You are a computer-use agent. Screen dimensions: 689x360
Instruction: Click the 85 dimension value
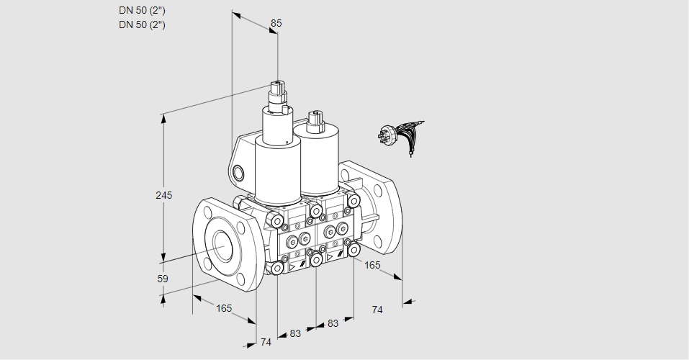[276, 23]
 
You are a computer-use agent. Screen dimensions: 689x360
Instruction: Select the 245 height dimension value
[164, 195]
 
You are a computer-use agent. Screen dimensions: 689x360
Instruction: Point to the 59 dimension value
[163, 279]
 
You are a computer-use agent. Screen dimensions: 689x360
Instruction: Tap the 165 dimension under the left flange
[224, 308]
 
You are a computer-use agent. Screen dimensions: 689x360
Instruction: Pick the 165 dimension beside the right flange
[372, 265]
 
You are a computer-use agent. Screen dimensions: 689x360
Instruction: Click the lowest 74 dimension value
[266, 342]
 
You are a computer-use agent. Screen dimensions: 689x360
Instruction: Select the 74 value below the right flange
[377, 310]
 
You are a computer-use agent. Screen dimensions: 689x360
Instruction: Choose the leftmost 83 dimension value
[295, 333]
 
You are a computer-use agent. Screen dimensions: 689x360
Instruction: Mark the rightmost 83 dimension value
[333, 323]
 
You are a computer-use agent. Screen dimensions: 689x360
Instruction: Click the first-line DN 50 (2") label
[142, 11]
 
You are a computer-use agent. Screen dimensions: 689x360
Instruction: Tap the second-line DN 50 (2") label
[142, 24]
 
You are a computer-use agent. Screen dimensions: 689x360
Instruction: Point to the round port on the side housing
[238, 173]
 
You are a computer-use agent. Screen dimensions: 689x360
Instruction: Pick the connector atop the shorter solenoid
[315, 121]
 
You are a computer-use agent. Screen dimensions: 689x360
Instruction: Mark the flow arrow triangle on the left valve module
[292, 267]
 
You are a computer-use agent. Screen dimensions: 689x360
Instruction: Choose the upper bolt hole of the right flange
[377, 190]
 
